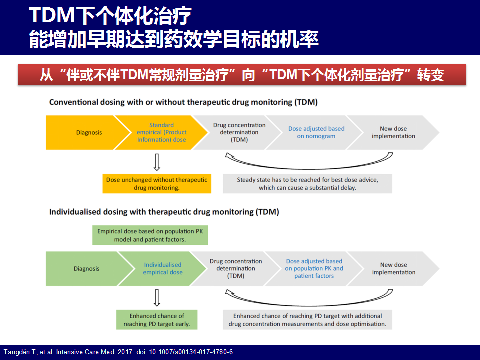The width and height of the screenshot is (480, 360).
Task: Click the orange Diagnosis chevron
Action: coord(85,132)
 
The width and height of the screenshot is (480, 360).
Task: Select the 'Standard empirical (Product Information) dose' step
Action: coord(161,132)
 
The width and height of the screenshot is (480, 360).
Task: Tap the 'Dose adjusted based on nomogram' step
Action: coord(316,132)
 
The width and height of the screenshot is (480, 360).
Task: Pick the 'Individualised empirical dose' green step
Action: coord(163,269)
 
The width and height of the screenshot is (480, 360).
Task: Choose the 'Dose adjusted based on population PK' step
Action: coord(314,269)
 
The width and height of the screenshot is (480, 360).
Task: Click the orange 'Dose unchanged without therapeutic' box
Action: coord(157,184)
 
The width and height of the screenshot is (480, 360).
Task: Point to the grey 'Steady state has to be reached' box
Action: coord(307,184)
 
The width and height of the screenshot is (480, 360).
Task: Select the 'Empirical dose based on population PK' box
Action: coord(150,235)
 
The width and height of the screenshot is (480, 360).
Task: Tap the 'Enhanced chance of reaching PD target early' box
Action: coord(157,320)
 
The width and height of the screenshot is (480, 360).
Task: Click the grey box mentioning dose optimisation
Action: coord(307,320)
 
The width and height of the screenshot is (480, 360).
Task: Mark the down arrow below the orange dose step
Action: coord(157,162)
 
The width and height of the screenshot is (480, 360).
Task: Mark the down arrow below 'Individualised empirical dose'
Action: coord(157,298)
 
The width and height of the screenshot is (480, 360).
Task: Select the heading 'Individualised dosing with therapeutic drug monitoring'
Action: coord(164,212)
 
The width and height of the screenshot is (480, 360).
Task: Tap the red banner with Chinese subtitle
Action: coord(242,74)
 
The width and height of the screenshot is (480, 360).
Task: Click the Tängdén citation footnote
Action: coord(119,352)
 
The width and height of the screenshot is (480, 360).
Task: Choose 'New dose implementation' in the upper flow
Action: coord(393,132)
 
